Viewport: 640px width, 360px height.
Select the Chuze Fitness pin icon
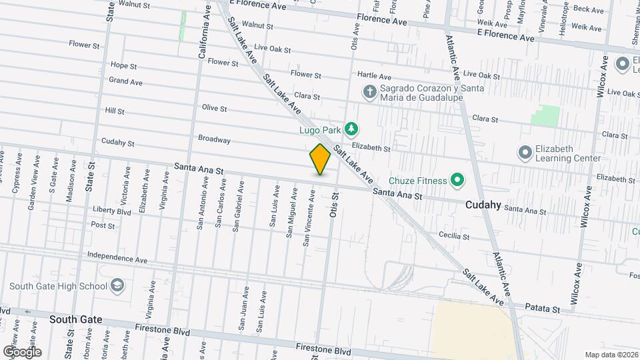pyautogui.click(x=457, y=179)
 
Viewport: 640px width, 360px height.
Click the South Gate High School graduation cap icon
pyautogui.click(x=117, y=286)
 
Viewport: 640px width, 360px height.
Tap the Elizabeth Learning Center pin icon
pyautogui.click(x=525, y=154)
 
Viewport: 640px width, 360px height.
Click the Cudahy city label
pyautogui.click(x=482, y=205)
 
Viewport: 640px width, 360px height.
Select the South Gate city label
pyautogui.click(x=76, y=319)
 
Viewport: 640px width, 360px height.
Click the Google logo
pyautogui.click(x=22, y=352)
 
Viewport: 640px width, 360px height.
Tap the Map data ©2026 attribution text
pyautogui.click(x=611, y=355)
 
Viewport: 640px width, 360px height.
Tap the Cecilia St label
pyautogui.click(x=454, y=236)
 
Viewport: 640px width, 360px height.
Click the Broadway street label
pyautogui.click(x=214, y=139)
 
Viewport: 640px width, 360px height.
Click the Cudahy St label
pyautogui.click(x=118, y=143)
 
